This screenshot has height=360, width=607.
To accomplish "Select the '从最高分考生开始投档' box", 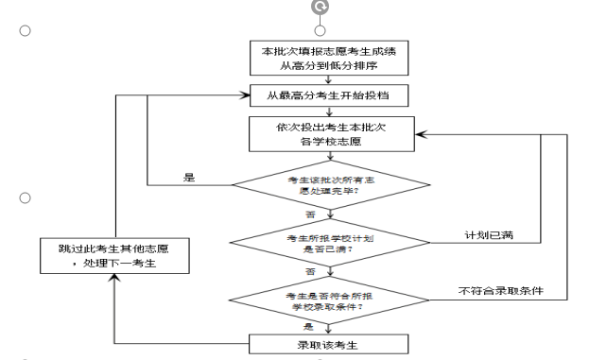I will coord(329,95).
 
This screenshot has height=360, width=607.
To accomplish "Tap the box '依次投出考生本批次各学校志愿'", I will coord(329,133).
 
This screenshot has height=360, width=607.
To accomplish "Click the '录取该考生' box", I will coord(328,341).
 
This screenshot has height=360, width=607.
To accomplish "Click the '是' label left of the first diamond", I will coord(189,177).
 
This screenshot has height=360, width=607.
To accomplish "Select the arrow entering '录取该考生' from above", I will coord(328,328).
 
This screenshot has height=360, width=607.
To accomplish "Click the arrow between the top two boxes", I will coord(328,80).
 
